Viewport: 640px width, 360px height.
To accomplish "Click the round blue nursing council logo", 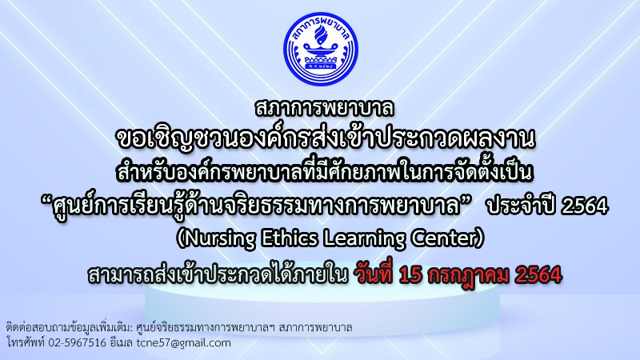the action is coord(321,49).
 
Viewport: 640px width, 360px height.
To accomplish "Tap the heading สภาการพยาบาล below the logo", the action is coord(325,108).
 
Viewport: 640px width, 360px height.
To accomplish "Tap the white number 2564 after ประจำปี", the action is coord(585,206).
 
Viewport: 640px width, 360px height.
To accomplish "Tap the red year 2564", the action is coord(538,275).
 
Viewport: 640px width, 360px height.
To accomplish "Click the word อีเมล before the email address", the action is coord(122,342).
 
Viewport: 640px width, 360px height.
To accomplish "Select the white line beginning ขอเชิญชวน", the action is coord(326,139).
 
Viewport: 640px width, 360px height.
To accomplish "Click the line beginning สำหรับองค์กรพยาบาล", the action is coord(325,172).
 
